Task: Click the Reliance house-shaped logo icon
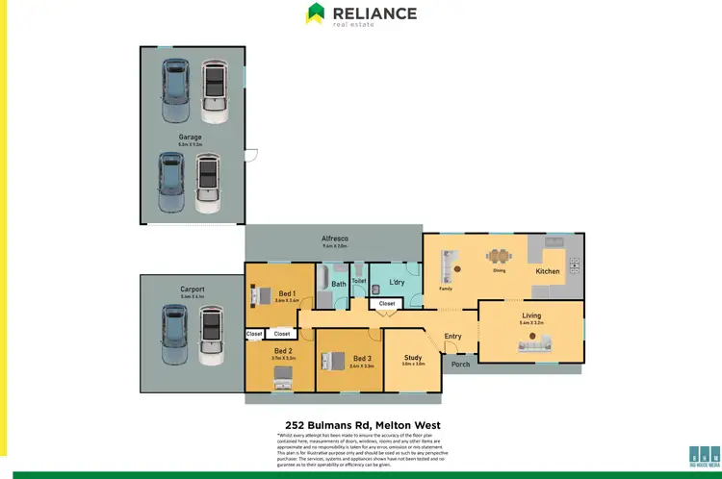[315, 13]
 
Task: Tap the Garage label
[190, 138]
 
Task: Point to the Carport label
[192, 289]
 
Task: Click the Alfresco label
[334, 238]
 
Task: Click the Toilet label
[359, 282]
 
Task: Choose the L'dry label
[397, 282]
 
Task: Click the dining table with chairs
[499, 257]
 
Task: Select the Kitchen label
[547, 271]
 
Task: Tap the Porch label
[461, 365]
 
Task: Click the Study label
[412, 357]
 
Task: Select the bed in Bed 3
[332, 362]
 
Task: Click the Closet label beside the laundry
[386, 303]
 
